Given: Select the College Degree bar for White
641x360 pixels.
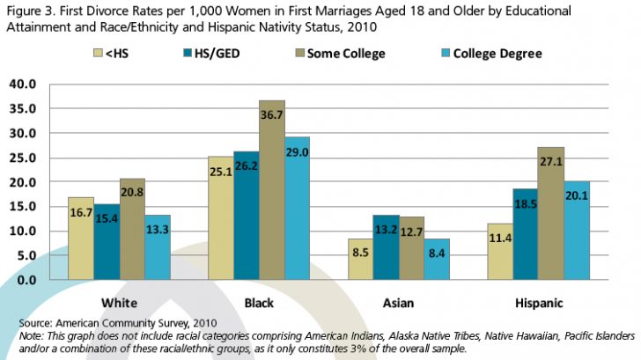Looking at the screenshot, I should tap(158, 247).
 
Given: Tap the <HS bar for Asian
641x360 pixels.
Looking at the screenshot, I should tap(361, 259).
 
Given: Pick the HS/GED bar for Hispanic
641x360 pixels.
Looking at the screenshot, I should tap(525, 234).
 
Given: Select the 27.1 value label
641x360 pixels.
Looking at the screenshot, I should tap(550, 163).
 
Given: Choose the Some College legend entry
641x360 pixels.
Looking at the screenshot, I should tap(343, 54).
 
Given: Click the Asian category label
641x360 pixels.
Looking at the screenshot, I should tap(399, 303).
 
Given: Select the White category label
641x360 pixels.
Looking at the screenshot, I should tap(121, 303).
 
